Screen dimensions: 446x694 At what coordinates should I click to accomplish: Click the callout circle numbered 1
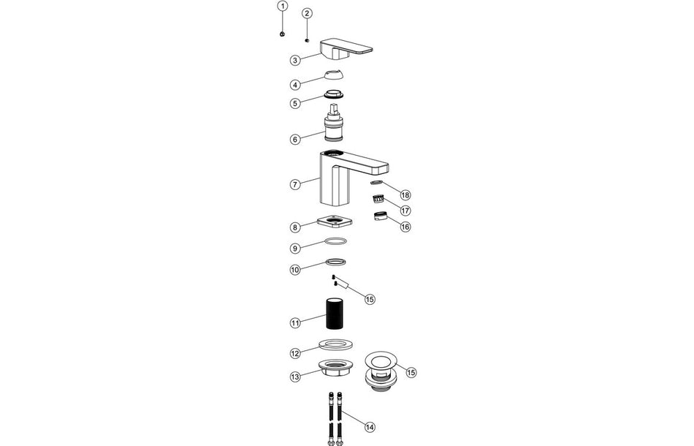click(x=282, y=7)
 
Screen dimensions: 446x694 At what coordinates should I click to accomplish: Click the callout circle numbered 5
click(x=295, y=103)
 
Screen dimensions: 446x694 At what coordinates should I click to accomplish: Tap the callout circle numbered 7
click(x=295, y=184)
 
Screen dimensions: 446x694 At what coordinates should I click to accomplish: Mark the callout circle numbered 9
click(x=295, y=248)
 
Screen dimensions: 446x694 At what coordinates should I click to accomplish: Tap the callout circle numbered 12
click(x=295, y=353)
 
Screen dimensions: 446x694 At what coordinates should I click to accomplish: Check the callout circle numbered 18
click(x=405, y=195)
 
